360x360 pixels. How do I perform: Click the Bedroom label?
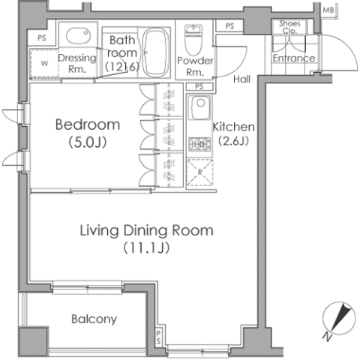pos(88,124)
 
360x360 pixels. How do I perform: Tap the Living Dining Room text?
pos(146,231)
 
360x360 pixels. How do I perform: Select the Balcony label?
pos(94,319)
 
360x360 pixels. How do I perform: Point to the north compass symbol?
pos(338,319)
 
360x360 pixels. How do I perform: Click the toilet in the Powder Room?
pos(193,40)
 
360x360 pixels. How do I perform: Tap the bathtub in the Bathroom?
pos(156,52)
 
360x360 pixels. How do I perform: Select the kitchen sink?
pos(199,107)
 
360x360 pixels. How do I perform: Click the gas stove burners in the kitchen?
pos(199,144)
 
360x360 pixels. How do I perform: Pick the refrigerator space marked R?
pos(200,172)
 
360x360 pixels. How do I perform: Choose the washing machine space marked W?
pos(44,64)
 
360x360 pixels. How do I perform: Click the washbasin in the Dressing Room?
pos(78,35)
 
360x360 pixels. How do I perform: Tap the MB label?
pos(328,10)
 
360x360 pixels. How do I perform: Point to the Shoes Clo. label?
pos(289,27)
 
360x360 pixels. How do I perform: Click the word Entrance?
pos(294,58)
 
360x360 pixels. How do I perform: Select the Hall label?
pos(241,79)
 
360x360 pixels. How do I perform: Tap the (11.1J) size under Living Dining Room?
pos(146,248)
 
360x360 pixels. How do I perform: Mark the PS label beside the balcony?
pos(159,337)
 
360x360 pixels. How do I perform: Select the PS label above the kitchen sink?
pos(199,86)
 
